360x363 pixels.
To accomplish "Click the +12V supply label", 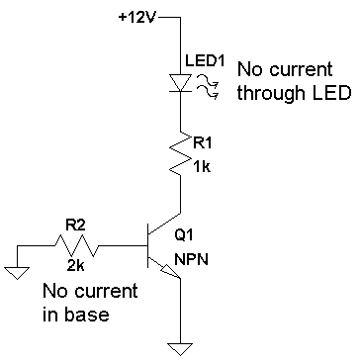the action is tap(137, 17).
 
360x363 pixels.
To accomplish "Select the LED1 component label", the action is tap(205, 61).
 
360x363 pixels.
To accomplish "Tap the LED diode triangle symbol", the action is tap(180, 83).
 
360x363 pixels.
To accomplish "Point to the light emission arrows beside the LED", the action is tap(208, 86).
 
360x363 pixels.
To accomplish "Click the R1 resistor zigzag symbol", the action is tap(180, 154).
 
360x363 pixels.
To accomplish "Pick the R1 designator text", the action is tap(202, 143).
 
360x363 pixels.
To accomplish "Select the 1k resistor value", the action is tap(202, 167).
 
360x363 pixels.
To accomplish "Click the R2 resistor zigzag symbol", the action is tap(76, 245).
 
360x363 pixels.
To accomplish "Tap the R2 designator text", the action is tap(76, 227).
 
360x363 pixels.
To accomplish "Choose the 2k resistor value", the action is tap(75, 266).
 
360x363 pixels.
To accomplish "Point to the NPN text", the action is tap(191, 260).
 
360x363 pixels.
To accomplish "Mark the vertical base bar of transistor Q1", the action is tap(148, 245).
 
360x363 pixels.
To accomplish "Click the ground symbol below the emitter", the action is tap(180, 349).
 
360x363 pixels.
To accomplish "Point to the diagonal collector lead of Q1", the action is tap(165, 224).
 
